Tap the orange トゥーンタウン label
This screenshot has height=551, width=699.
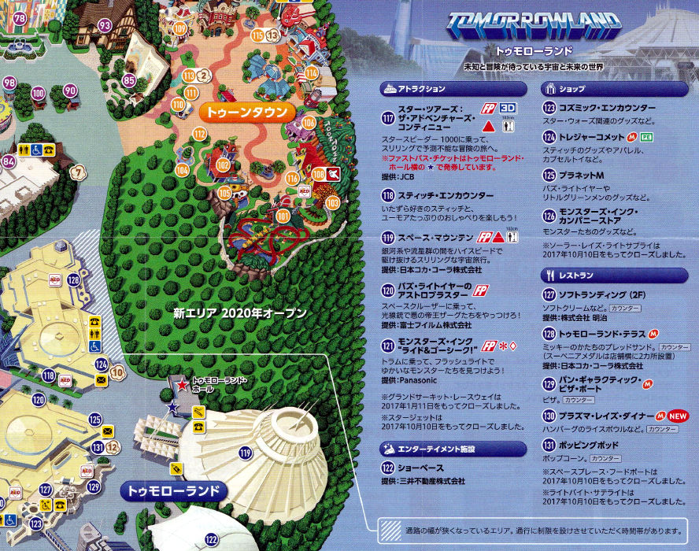(x=246, y=113)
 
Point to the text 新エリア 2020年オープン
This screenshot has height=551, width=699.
(x=239, y=313)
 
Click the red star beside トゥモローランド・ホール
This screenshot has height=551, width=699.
(x=182, y=386)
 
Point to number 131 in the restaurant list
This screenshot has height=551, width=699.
(x=549, y=446)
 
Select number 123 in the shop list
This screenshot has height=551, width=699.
(x=549, y=108)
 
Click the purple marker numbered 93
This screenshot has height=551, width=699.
(x=104, y=25)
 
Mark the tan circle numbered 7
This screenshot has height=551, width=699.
(x=76, y=172)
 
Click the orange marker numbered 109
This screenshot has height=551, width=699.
(x=180, y=29)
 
